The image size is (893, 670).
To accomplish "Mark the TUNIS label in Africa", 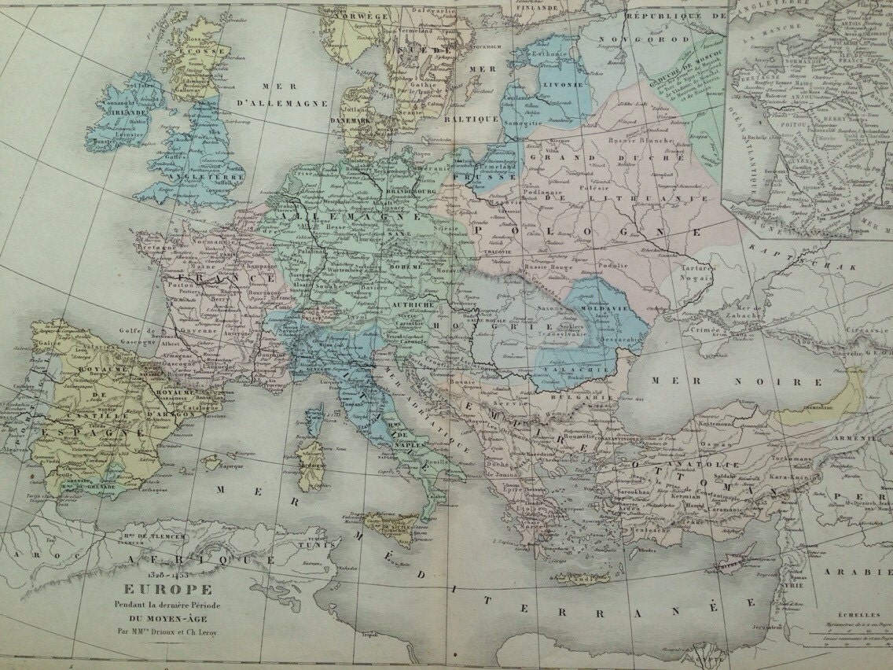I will pos(349,543).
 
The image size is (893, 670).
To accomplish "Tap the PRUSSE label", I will pos(493,178).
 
